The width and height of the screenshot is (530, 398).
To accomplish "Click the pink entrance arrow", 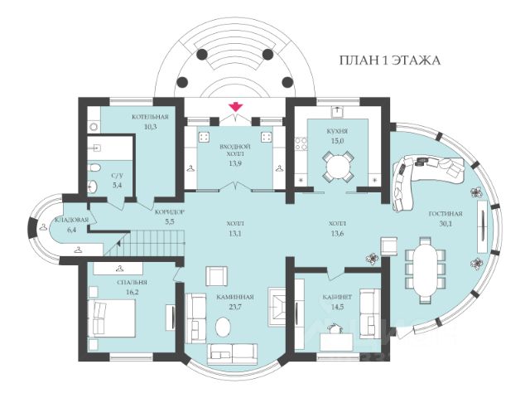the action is click(x=235, y=107).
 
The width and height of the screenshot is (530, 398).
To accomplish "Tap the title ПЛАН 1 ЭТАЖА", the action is click(x=390, y=61).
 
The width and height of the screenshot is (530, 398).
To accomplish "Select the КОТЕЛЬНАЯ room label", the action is click(x=150, y=117).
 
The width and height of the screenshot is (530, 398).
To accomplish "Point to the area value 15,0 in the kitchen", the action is click(x=337, y=141).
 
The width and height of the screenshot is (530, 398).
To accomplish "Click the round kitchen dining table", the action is click(x=338, y=167).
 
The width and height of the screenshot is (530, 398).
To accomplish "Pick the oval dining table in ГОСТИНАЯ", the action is click(x=426, y=269).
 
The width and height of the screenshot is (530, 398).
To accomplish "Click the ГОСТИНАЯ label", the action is click(x=446, y=214).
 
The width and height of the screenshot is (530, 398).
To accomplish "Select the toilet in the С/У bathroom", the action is click(x=94, y=168).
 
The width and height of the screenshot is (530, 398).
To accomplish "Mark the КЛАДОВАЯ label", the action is click(x=71, y=220).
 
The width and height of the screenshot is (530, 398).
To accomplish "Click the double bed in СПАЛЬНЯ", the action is click(x=112, y=318).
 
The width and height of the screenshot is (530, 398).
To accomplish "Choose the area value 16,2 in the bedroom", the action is click(x=132, y=292).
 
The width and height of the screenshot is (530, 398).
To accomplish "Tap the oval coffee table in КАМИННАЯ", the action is click(x=224, y=327).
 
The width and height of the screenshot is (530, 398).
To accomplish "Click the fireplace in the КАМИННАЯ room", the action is click(x=280, y=307).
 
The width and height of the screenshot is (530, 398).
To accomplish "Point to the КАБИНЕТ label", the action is click(x=337, y=297).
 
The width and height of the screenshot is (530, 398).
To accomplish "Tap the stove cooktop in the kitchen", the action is click(x=301, y=143).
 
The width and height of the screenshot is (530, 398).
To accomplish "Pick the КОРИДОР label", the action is click(x=170, y=213).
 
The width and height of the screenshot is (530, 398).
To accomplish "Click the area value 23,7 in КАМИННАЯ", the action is click(x=234, y=307).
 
